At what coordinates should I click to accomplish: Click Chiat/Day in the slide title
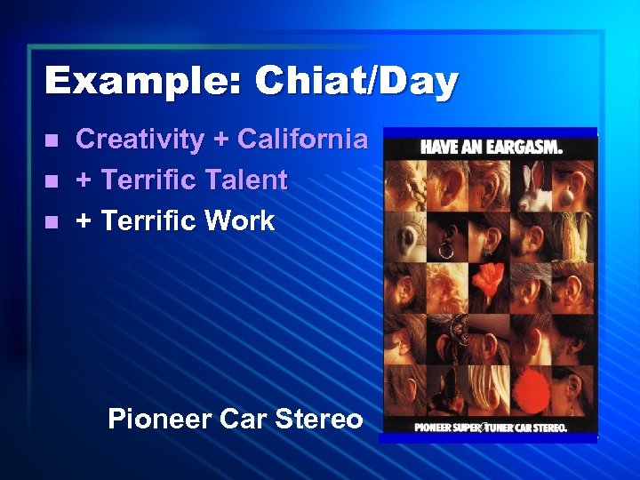coord(356,83)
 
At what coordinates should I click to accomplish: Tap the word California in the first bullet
coord(302,140)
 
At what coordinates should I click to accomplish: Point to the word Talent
coord(240,180)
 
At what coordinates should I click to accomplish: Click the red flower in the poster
coord(490,285)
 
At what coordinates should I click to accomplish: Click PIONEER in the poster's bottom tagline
coord(436,428)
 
